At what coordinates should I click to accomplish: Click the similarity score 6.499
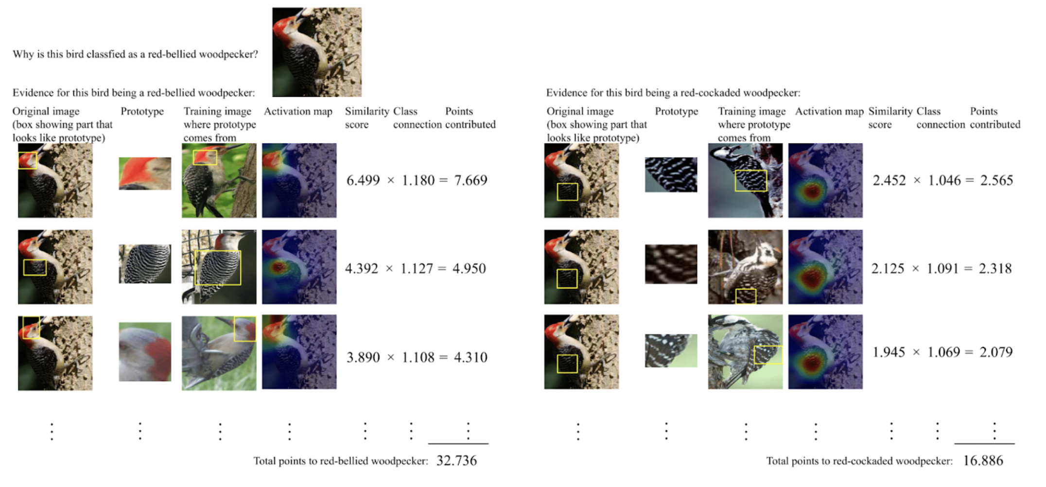coord(363,180)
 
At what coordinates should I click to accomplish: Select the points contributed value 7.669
coord(471,180)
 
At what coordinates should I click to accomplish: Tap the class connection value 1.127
coord(417,268)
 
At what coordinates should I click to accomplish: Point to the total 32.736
coord(456,460)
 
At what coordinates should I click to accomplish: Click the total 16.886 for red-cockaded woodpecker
coord(983,460)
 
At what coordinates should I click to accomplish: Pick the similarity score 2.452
coord(889,180)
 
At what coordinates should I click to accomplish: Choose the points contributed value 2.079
coord(996,352)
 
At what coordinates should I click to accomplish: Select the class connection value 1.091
coord(942,268)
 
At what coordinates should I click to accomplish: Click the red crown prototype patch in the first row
coord(145,174)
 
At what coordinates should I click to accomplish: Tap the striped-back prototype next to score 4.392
coord(145,264)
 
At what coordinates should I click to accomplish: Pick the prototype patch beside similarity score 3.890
coord(145,352)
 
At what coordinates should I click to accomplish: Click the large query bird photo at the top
coord(317,52)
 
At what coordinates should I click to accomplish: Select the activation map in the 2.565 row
coord(825,180)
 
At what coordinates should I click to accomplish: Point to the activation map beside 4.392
coord(299,267)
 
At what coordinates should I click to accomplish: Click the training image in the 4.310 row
coord(219,352)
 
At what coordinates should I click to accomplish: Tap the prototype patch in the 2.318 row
coord(671,264)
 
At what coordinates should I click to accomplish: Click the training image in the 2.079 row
coord(745,352)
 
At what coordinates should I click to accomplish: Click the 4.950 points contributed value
coord(469,268)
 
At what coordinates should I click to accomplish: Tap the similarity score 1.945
coord(889,352)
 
